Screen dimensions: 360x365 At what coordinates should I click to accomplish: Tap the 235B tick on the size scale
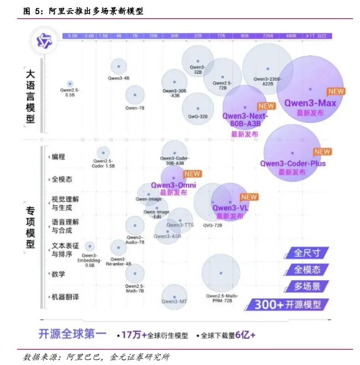pos(267,36)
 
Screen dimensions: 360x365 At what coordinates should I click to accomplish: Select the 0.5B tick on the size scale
pos(73,36)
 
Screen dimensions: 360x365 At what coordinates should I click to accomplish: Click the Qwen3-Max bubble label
pos(310,103)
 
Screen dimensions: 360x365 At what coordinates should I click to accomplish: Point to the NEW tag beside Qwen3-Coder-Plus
pos(322,152)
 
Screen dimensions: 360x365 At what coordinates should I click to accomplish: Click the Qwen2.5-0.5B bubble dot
pos(69,84)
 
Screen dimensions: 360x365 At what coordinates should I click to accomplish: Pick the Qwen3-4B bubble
pos(119,67)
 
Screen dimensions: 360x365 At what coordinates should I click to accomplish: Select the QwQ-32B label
pos(198,117)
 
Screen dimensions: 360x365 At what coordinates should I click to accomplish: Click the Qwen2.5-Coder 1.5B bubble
pos(103,152)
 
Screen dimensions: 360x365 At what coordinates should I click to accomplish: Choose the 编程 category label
pos(58,157)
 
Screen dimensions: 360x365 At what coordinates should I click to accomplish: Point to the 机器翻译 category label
pos(65,297)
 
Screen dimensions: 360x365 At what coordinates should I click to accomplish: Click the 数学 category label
pos(58,274)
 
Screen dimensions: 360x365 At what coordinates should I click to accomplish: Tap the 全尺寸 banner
pos(307,253)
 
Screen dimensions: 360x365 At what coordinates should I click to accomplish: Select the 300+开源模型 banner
pos(288,305)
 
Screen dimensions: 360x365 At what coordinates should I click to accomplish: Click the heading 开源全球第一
pos(72,334)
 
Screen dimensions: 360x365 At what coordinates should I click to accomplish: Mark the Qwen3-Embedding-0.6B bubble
pos(89,246)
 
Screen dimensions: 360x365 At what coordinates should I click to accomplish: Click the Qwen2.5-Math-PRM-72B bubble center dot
pos(221,273)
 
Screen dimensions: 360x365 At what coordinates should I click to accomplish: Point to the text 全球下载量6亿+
pos(228,335)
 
